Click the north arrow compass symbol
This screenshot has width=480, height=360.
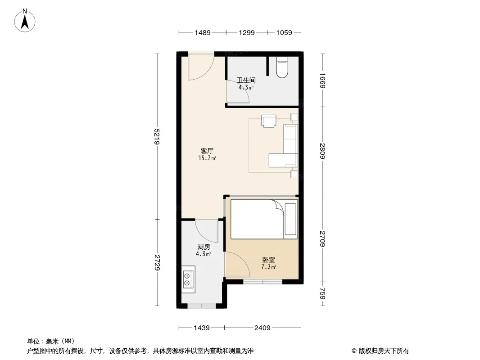[25, 21]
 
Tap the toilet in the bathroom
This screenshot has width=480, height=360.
[282, 67]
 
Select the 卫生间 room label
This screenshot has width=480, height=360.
[246, 81]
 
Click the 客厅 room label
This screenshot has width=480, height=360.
[207, 151]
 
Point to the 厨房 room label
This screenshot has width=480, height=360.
[204, 247]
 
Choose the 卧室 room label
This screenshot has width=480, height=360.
[268, 260]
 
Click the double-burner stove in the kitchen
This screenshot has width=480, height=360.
[188, 279]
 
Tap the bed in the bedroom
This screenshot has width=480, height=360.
[264, 219]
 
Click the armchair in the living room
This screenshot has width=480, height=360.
[269, 121]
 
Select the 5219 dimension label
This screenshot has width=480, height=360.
[157, 136]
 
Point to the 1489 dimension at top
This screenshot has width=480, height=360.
[203, 32]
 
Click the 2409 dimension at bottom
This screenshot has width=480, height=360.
[263, 328]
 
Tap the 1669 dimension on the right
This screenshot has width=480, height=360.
[322, 81]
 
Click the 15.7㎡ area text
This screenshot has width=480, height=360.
[207, 158]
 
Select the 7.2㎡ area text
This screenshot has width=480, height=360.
[268, 267]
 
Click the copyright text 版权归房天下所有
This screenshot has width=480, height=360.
[384, 351]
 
